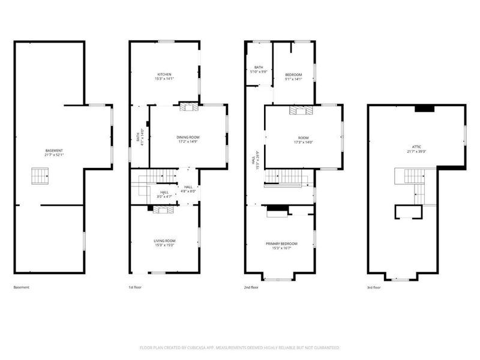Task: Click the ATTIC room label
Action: coord(416,148)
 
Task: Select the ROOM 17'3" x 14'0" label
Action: coord(302,140)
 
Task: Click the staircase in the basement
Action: coord(39,176)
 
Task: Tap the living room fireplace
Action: coord(161,209)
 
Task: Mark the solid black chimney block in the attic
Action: coord(425,109)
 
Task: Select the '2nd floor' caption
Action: coord(251,287)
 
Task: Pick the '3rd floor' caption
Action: coord(374,287)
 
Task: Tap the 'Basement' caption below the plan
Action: coord(22,287)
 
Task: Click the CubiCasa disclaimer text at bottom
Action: coord(239,347)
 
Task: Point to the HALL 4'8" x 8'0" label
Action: coord(188,189)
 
